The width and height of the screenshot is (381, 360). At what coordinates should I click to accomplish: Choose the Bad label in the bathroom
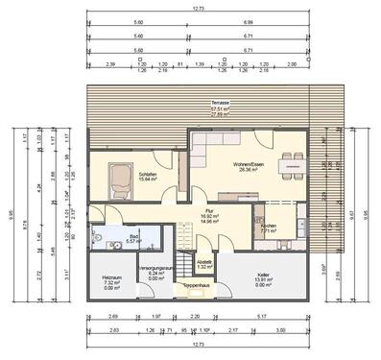click(133, 235)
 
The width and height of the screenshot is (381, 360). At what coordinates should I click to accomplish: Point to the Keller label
click(263, 275)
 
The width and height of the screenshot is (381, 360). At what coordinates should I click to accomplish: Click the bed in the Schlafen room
click(121, 180)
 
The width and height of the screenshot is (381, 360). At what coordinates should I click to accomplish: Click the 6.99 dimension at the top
click(248, 20)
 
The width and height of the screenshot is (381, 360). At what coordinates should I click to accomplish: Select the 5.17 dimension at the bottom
click(263, 316)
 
